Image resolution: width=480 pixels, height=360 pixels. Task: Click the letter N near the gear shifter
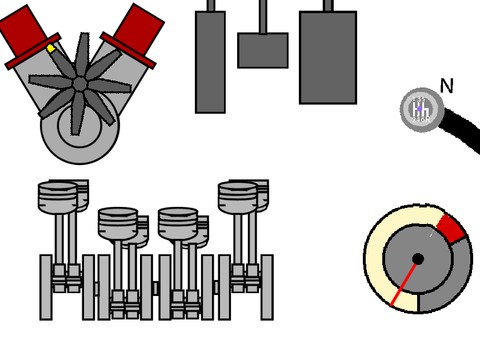pos(447,86)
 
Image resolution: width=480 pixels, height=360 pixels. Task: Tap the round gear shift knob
pos(422,109)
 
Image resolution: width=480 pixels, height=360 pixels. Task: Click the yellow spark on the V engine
pos(51,49)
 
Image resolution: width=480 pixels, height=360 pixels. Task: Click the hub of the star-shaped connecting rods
pos(80,84)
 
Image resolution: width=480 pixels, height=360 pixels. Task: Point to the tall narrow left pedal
pos(210,62)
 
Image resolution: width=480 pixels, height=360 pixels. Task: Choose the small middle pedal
pos(263,50)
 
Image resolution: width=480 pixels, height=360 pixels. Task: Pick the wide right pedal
pos(328,57)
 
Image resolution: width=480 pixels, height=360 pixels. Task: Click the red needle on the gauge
pos(404,284)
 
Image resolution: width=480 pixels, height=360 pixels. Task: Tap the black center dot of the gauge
pos(418,259)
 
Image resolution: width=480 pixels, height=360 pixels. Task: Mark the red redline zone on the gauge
pos(451,228)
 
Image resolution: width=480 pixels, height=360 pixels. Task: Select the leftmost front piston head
pos(58,197)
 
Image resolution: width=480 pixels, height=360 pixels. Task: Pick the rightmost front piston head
pos(238,197)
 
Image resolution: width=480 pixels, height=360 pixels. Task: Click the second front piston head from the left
pos(118,223)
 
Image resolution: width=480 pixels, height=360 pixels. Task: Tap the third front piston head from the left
pos(178,223)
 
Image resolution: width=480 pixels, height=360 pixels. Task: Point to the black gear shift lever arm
pos(461,129)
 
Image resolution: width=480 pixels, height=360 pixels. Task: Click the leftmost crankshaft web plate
pos(46,287)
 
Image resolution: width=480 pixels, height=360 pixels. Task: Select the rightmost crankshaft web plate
pos(267,287)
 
